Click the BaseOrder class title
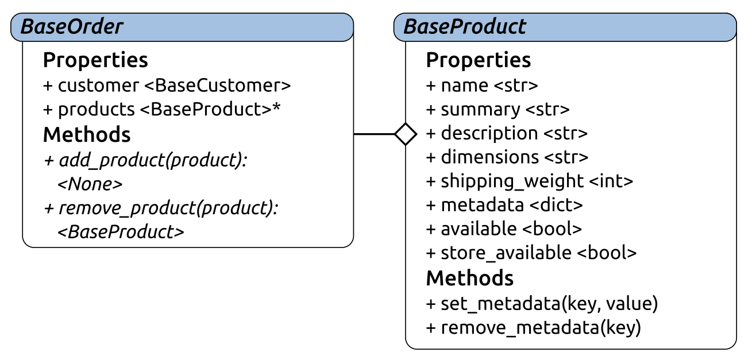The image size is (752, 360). point(72,26)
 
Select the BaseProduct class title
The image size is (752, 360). point(465,26)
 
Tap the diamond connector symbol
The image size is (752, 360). point(406,134)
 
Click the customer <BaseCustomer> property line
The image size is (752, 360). point(167,86)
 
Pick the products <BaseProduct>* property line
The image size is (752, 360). point(162,109)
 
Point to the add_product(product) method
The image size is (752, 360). point(145,160)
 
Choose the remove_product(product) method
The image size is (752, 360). point(161,208)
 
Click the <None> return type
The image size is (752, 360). point(90,184)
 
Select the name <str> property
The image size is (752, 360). point(482,86)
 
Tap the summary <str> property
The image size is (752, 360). point(498,109)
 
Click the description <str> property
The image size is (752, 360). point(507,133)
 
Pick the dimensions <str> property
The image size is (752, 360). point(507,157)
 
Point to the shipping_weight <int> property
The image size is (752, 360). point(529,181)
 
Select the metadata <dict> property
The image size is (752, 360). point(504,204)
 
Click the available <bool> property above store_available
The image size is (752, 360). point(504,229)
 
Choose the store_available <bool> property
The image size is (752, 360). point(531,253)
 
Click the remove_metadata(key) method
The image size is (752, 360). point(533,328)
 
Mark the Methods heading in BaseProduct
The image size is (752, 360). point(470,278)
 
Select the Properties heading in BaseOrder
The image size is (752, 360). point(95,60)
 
